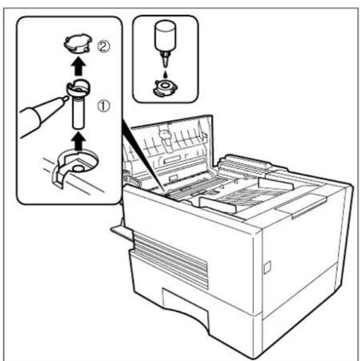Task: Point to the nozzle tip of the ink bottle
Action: [x=164, y=62]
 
